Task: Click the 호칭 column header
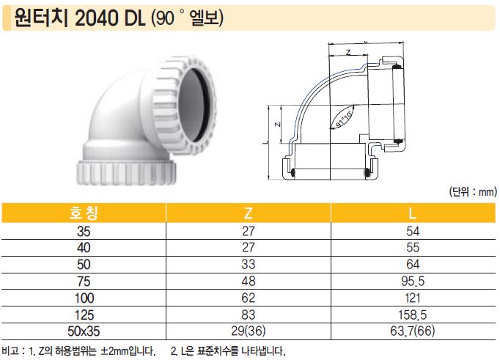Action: pyautogui.click(x=84, y=213)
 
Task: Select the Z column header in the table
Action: pyautogui.click(x=248, y=213)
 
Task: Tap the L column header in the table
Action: pyautogui.click(x=413, y=213)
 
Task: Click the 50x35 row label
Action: pyautogui.click(x=84, y=331)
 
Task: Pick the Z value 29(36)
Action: pyautogui.click(x=248, y=331)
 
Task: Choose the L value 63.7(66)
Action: pyautogui.click(x=413, y=331)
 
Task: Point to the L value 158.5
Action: pyautogui.click(x=413, y=315)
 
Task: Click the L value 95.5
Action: pyautogui.click(x=413, y=281)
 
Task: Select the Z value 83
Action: pyautogui.click(x=248, y=315)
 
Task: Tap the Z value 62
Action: pyautogui.click(x=248, y=298)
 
